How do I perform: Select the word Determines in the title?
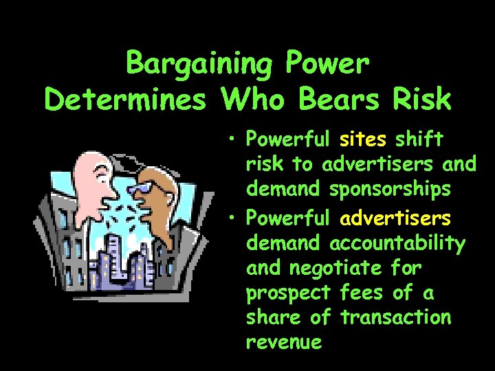[x=125, y=100]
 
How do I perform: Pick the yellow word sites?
[x=364, y=139]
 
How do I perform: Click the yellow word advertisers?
[x=395, y=218]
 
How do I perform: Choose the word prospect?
[x=289, y=293]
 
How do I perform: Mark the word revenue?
[x=284, y=342]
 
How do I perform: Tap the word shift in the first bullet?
[x=419, y=139]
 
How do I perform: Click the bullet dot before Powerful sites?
[x=234, y=140]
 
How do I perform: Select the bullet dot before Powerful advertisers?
[x=234, y=219]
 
